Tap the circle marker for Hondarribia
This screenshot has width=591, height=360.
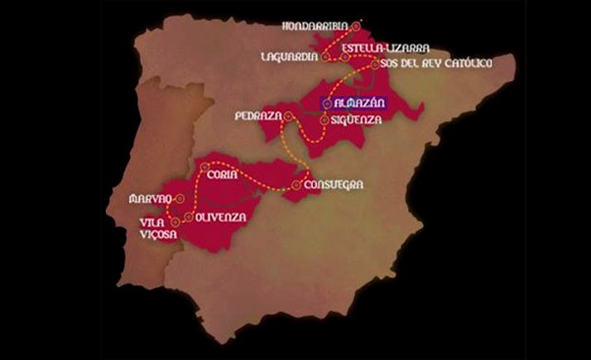(x=355, y=26)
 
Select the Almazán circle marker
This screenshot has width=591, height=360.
(x=328, y=103)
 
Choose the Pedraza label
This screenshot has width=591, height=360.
(x=258, y=116)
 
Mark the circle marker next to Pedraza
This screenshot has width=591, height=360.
(x=288, y=117)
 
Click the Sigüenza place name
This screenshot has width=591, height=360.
(x=355, y=120)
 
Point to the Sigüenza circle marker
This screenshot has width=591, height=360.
(x=324, y=120)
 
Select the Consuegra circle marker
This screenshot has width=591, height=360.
(x=297, y=184)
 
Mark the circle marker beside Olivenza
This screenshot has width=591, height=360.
(x=190, y=218)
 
